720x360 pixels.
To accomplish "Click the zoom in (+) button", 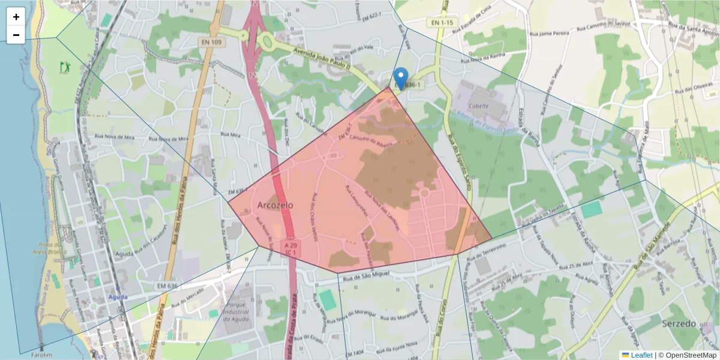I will [16, 17].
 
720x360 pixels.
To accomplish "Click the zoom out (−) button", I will [16, 35].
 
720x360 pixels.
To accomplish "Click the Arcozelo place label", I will [275, 205].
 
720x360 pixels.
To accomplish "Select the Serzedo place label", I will [679, 323].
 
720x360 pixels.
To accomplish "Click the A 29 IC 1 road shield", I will [292, 249].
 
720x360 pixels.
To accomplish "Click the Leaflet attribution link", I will [641, 355].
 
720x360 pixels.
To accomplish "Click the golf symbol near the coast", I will [65, 67].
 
